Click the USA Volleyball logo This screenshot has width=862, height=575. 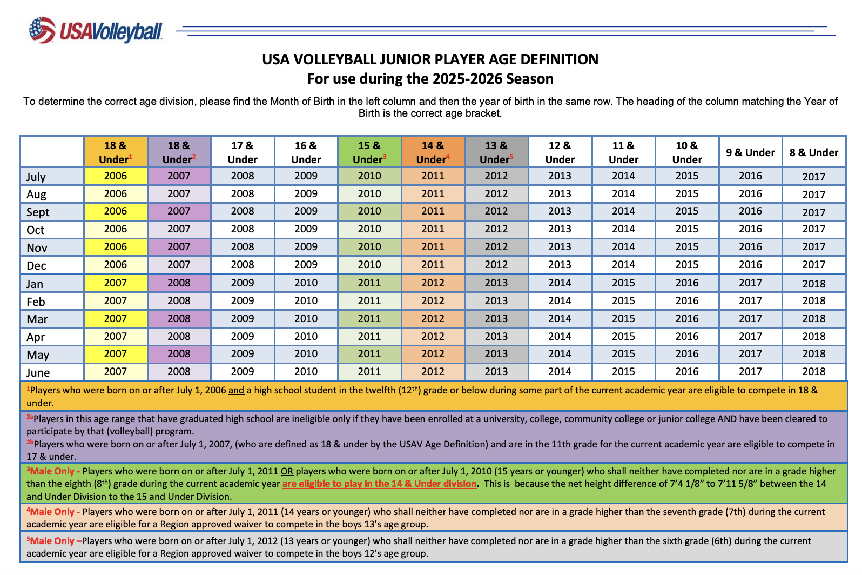coord(96,31)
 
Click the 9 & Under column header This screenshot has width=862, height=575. coord(750,152)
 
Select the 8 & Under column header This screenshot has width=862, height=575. coord(813,152)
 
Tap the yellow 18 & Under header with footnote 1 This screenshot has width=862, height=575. coord(116,152)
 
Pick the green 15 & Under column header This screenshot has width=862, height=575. coord(369,152)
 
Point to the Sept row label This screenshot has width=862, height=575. coord(38,212)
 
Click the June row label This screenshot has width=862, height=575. coord(38,372)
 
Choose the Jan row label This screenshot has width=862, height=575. coord(35,284)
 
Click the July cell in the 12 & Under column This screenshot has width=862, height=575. coord(560,176)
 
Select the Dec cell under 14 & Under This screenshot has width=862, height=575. coord(433,265)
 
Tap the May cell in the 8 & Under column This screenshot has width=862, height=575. coord(813,354)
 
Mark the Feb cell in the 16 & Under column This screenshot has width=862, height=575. coord(306,300)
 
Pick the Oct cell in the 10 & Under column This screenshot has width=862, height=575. coord(686,229)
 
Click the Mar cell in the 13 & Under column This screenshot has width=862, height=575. coord(496,318)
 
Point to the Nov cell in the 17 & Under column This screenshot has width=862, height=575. coord(243,247)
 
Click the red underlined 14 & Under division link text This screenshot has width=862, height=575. coord(379,484)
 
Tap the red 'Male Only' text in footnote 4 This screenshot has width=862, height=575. coord(52,512)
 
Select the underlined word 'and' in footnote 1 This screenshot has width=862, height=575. coord(236,390)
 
